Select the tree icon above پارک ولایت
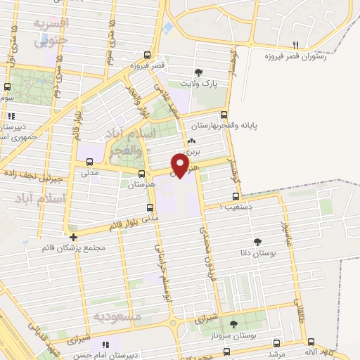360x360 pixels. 199,72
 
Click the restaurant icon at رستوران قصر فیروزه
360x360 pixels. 295,44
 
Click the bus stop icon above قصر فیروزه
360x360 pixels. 147,54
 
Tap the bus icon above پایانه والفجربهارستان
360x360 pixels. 224,115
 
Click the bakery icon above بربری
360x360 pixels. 192,141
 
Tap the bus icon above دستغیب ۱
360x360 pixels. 236,197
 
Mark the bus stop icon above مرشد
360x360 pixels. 276,343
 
